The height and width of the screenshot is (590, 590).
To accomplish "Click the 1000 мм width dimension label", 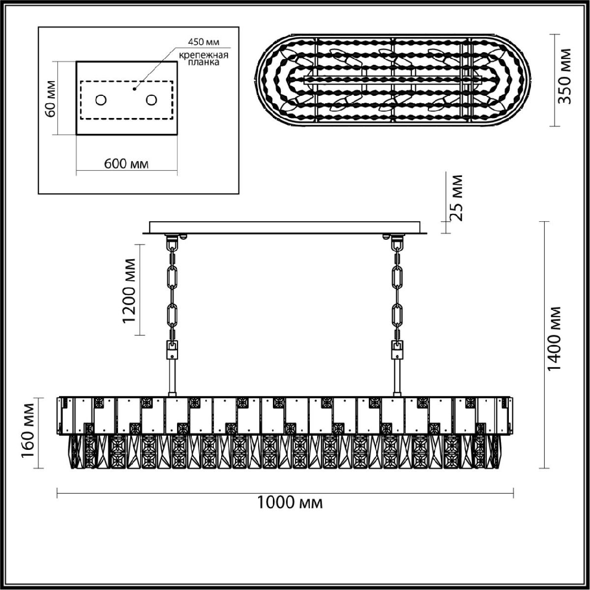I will coord(290,502).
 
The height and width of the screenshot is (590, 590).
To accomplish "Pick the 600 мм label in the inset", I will coord(126,164).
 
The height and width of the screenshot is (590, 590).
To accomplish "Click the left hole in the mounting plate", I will coord(100,100).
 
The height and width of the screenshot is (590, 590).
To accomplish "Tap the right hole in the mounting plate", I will coord(151,100).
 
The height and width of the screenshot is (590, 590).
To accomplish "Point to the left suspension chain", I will coord(173,290).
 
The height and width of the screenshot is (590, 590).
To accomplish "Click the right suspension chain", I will coord(397,290).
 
